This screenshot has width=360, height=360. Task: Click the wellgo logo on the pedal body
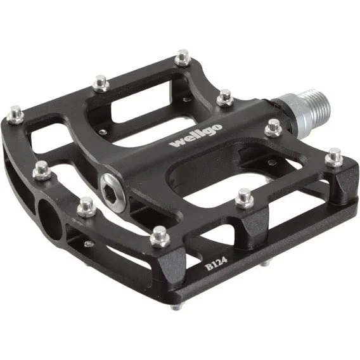(x=196, y=136)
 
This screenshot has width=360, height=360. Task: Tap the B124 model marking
(x=216, y=264)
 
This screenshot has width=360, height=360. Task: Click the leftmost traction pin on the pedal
(x=15, y=115)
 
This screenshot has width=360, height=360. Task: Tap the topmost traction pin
(x=183, y=58)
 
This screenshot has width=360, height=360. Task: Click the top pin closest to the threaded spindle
(x=273, y=128)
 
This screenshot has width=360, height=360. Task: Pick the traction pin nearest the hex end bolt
(x=86, y=207)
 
